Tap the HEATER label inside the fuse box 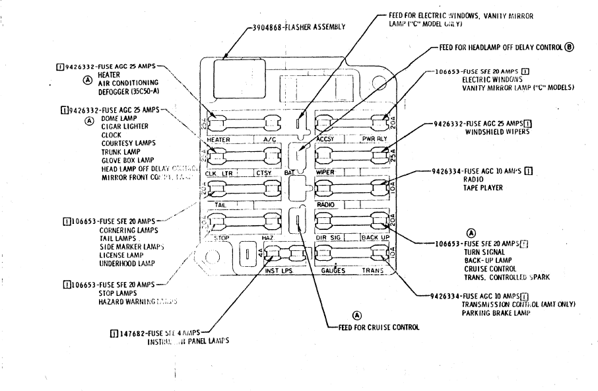tap(218, 141)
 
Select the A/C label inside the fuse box tap(271, 140)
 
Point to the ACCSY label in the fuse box tap(327, 140)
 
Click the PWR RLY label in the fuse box tap(374, 140)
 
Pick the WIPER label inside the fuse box tap(325, 172)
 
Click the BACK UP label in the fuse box tap(375, 237)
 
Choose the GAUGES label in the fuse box tap(333, 270)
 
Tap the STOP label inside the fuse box tap(221, 237)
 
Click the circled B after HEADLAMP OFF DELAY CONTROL tap(569, 48)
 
